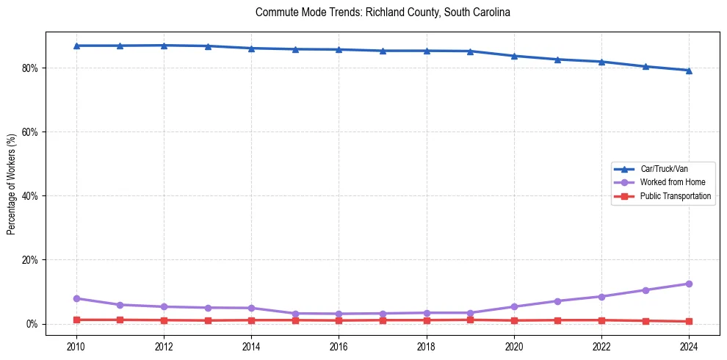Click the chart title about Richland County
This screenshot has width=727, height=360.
click(383, 12)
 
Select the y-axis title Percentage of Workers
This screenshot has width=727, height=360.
click(12, 184)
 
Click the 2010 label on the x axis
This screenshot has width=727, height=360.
click(76, 346)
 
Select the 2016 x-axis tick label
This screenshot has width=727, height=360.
click(339, 346)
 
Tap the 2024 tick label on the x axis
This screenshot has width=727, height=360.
click(689, 346)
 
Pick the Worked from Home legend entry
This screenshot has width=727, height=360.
click(672, 182)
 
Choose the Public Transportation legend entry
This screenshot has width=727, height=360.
click(675, 196)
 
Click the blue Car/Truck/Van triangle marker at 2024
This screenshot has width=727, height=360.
click(689, 71)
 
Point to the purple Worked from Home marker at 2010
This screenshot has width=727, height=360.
click(76, 298)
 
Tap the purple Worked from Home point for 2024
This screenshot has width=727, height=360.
click(689, 284)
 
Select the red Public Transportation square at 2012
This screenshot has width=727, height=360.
click(164, 320)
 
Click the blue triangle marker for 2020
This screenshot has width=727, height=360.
click(514, 56)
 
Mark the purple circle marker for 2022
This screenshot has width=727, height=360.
click(601, 297)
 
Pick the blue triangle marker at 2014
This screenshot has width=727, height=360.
click(251, 48)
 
